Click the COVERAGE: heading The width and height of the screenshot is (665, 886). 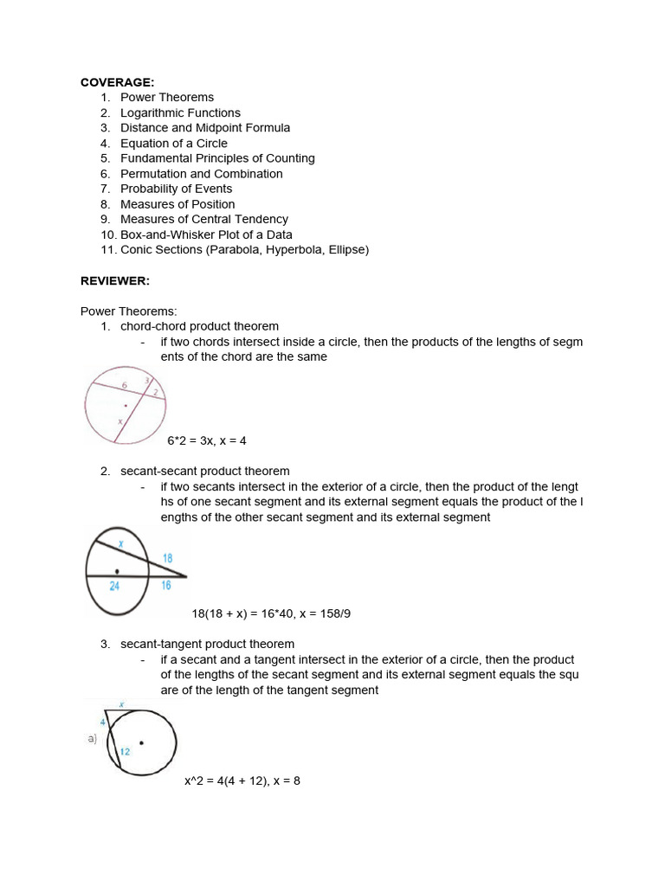tap(117, 82)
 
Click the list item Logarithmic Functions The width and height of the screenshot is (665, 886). tap(180, 112)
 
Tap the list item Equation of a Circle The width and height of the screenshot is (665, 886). tap(174, 143)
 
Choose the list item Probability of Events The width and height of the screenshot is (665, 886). tap(176, 189)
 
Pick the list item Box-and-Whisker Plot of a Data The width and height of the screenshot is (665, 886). tap(206, 234)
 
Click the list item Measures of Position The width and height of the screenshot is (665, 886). tap(178, 204)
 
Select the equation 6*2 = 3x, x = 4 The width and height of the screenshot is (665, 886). tap(207, 440)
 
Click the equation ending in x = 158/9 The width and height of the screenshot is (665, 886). tap(271, 613)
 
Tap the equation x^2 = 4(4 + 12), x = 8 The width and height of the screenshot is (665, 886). tap(242, 780)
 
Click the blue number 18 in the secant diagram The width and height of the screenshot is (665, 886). tap(168, 559)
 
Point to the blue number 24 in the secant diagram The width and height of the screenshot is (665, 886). tap(115, 586)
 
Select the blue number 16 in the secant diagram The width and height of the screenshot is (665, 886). tap(165, 586)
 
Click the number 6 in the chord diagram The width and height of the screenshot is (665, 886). tap(124, 383)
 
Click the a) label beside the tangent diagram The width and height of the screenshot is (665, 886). tap(92, 738)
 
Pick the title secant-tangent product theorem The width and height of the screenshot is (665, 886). tap(207, 644)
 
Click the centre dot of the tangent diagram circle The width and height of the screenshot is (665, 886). tap(142, 742)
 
